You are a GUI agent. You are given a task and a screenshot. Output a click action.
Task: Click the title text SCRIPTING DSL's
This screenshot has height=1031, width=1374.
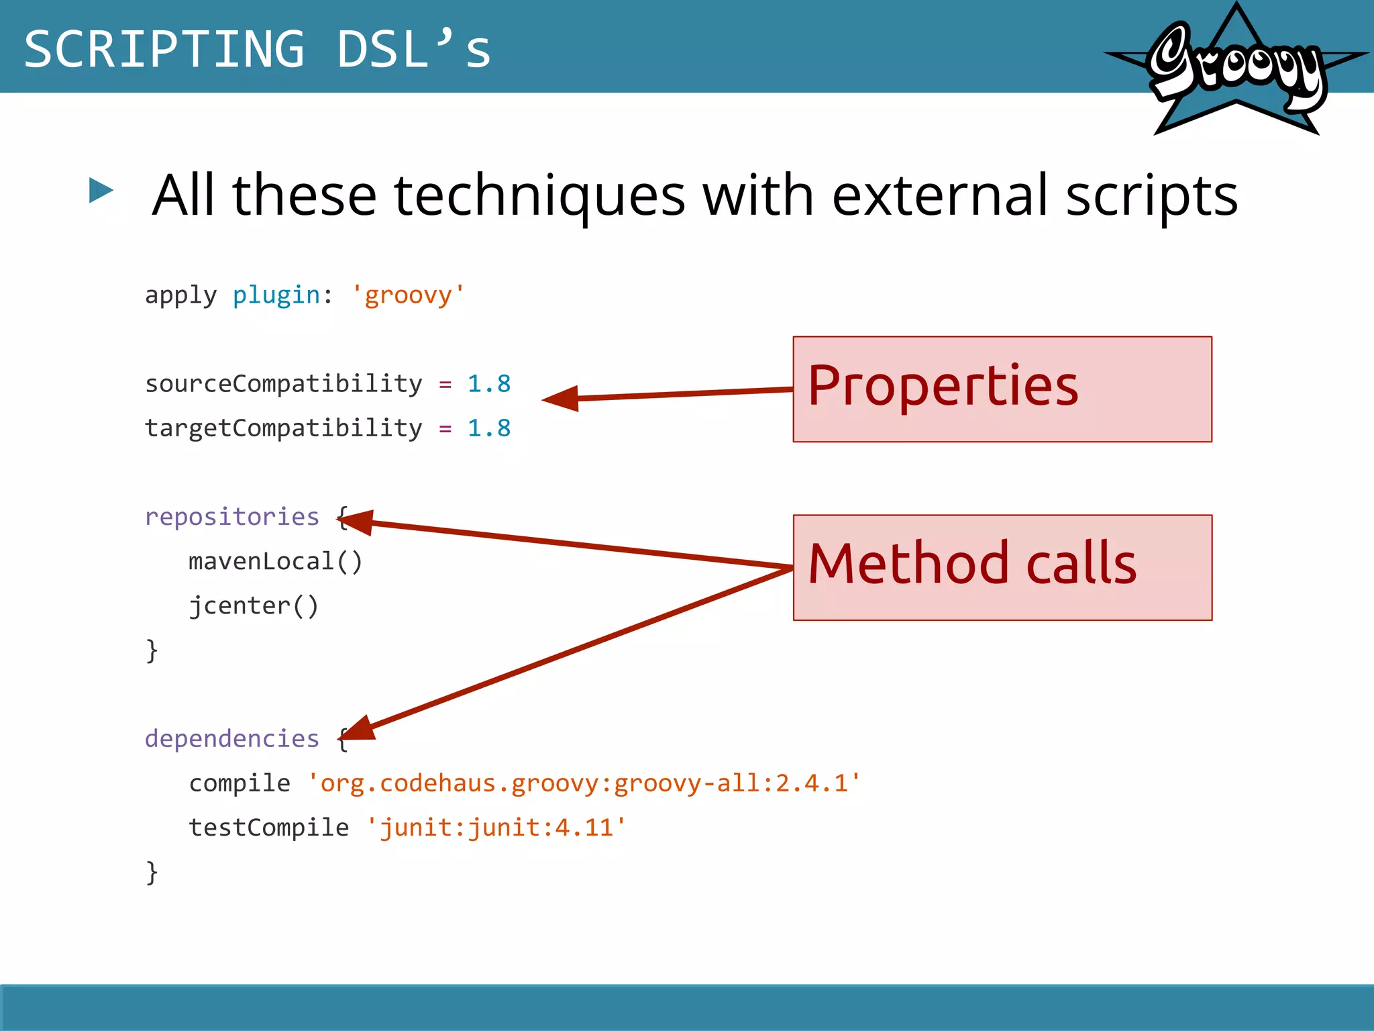pyautogui.click(x=258, y=49)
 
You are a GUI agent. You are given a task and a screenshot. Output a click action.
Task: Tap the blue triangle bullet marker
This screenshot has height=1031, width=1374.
pyautogui.click(x=101, y=191)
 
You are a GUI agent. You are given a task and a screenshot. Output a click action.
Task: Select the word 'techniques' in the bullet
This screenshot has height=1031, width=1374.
pyautogui.click(x=539, y=195)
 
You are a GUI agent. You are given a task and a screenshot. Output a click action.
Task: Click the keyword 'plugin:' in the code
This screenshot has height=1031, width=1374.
pyautogui.click(x=282, y=295)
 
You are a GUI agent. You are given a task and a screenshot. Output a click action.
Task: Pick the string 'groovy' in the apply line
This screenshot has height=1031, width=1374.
pyautogui.click(x=408, y=295)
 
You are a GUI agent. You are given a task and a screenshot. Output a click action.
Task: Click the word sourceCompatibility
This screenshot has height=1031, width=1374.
pyautogui.click(x=283, y=384)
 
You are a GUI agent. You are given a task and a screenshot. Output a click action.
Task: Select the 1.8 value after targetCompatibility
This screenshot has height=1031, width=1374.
pyautogui.click(x=488, y=428)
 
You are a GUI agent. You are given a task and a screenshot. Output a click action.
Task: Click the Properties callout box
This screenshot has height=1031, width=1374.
pyautogui.click(x=1002, y=389)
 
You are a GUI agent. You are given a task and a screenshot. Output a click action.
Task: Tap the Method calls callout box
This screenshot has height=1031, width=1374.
pyautogui.click(x=1002, y=567)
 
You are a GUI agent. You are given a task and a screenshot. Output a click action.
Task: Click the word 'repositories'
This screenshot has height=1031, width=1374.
pyautogui.click(x=231, y=517)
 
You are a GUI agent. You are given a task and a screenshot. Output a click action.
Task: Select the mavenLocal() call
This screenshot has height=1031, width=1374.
pyautogui.click(x=275, y=561)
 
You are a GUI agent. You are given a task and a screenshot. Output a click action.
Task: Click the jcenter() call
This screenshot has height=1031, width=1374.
pyautogui.click(x=254, y=605)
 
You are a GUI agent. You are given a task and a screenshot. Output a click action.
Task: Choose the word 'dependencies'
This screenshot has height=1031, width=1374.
pyautogui.click(x=231, y=738)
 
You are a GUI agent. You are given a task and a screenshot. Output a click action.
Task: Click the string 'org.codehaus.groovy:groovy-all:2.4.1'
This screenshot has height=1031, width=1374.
pyautogui.click(x=584, y=783)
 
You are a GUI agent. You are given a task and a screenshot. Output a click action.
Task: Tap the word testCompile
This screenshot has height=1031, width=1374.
pyautogui.click(x=268, y=828)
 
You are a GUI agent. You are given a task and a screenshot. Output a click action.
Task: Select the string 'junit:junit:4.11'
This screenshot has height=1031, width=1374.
pyautogui.click(x=496, y=828)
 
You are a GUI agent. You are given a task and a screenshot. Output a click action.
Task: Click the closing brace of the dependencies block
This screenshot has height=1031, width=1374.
pyautogui.click(x=152, y=873)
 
